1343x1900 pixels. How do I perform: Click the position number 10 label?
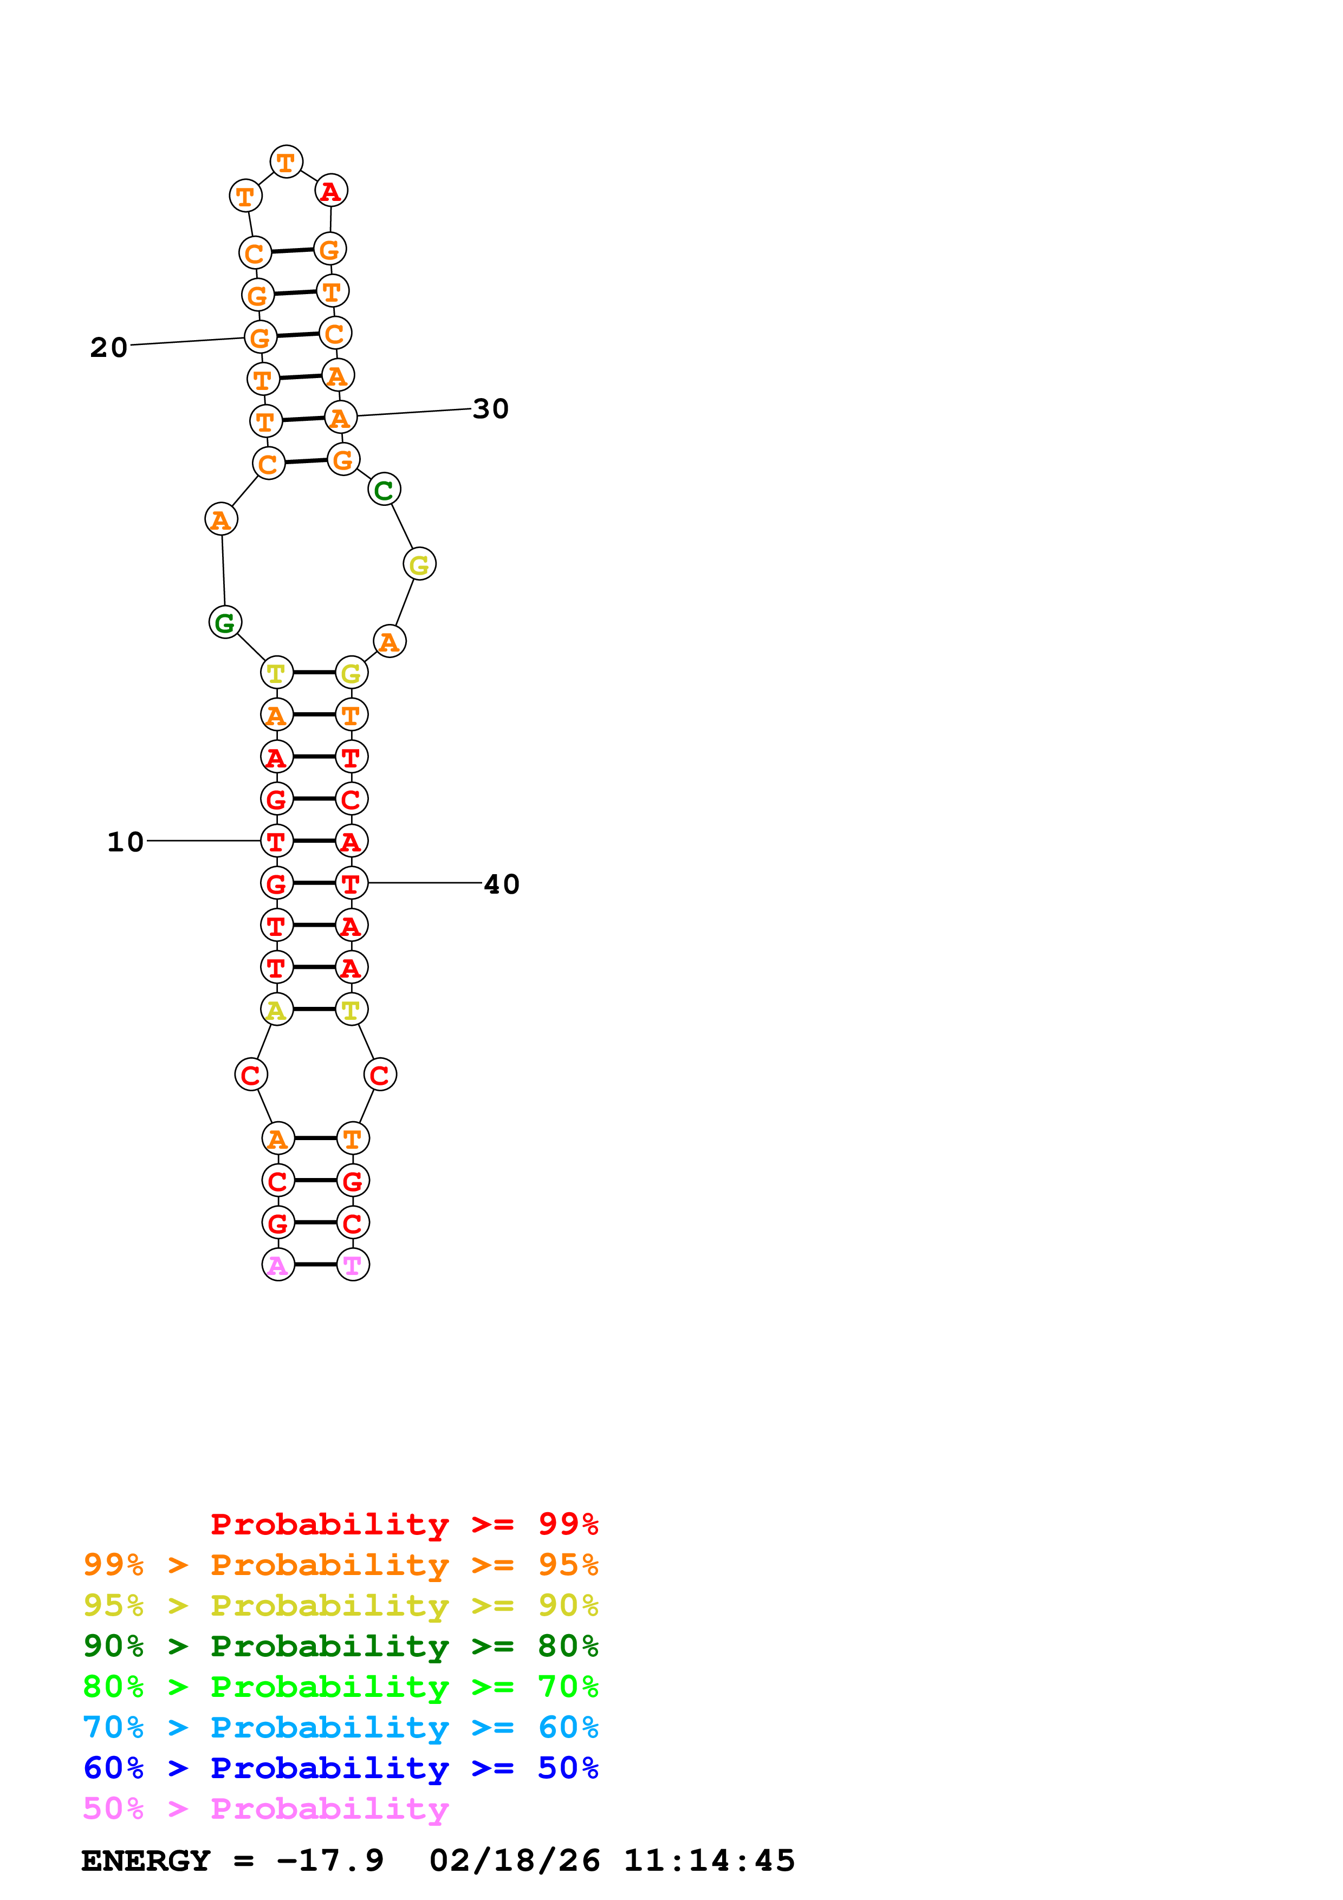[126, 842]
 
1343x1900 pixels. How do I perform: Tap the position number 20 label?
[108, 347]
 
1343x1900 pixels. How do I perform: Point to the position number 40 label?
[502, 884]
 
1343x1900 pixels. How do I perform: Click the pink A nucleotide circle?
[278, 1265]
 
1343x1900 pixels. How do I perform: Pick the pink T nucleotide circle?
[353, 1265]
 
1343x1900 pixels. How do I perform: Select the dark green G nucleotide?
[225, 622]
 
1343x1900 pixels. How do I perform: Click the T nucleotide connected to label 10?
[276, 841]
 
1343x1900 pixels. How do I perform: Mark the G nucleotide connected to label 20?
[261, 337]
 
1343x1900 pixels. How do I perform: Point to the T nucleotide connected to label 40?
[351, 883]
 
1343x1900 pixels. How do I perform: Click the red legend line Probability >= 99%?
[404, 1524]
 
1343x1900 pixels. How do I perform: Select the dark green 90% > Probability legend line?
[340, 1646]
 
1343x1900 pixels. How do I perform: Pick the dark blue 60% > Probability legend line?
[340, 1768]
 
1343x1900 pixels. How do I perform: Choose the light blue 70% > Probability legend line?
[340, 1727]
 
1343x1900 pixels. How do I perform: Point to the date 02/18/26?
[514, 1860]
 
